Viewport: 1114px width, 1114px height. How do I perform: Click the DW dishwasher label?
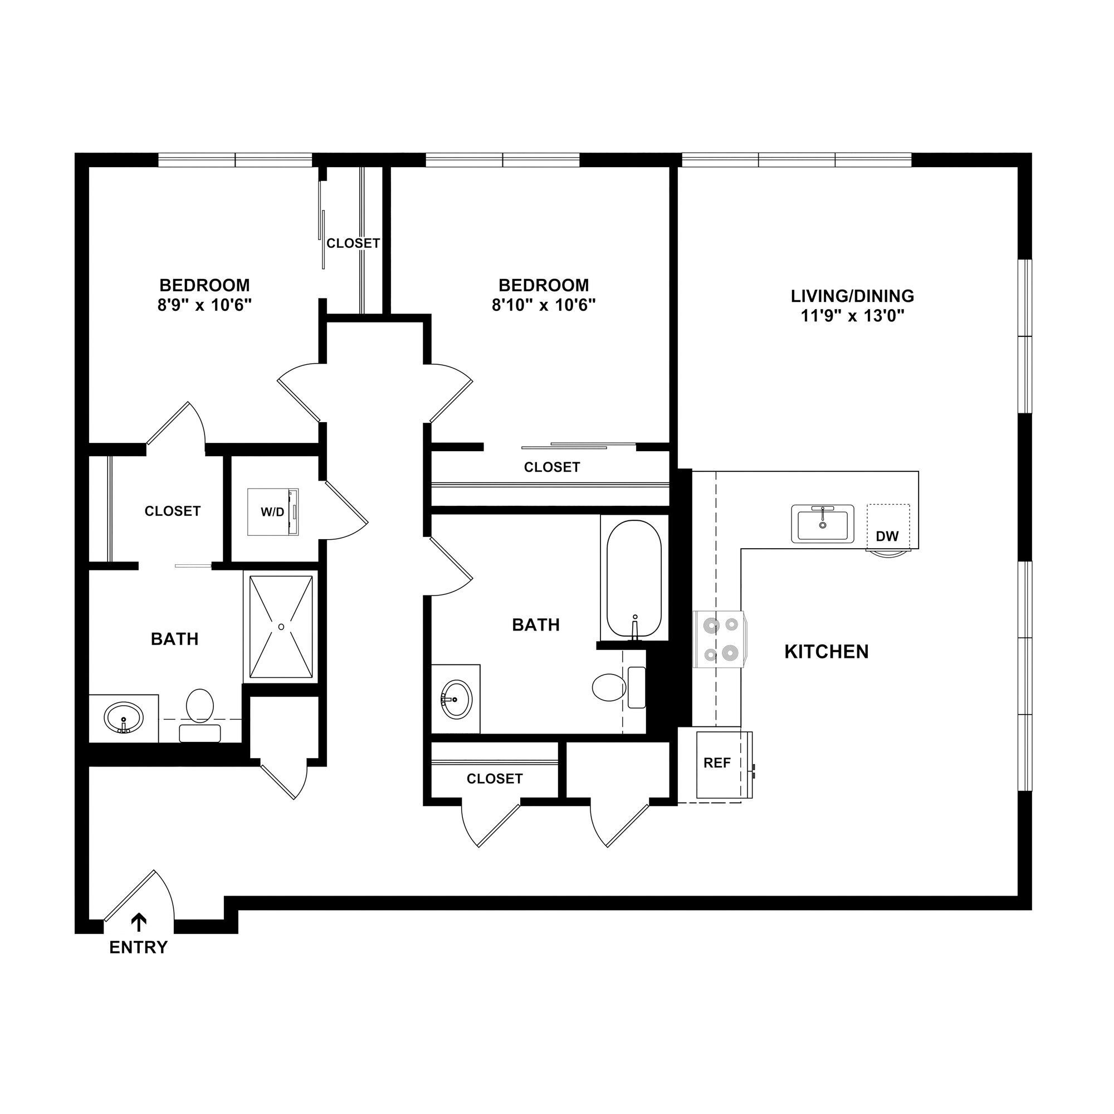tap(887, 537)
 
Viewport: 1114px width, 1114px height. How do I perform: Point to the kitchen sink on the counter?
tap(822, 524)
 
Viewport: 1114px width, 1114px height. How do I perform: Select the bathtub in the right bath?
tap(634, 579)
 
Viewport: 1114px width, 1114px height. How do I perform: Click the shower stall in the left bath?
tap(281, 626)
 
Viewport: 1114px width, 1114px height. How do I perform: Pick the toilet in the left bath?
tap(200, 711)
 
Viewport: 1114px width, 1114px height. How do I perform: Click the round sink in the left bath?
tap(124, 718)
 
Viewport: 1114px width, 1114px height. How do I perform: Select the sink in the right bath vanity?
tap(457, 699)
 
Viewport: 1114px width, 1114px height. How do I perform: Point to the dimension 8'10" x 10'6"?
tap(543, 305)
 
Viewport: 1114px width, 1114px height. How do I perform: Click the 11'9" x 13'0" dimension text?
tap(852, 316)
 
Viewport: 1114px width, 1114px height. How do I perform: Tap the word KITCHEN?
tap(826, 652)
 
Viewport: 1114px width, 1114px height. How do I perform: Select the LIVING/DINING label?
tap(852, 296)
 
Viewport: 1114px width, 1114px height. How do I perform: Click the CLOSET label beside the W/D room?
tap(173, 511)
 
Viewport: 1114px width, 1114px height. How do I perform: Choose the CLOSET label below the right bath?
tap(494, 779)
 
